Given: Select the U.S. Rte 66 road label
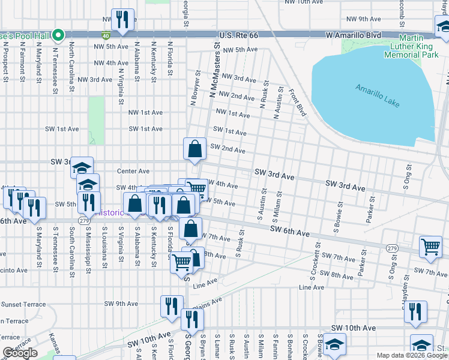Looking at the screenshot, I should click(238, 35).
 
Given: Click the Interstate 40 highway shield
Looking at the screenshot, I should click(106, 35).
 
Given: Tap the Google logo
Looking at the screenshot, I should click(20, 353).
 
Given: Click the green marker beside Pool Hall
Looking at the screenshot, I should click(58, 35).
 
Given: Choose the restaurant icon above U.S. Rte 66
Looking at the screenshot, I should click(123, 20).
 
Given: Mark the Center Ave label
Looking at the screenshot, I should click(133, 171).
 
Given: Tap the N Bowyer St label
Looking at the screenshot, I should click(194, 88).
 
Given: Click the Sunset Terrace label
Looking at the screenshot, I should click(23, 304).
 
